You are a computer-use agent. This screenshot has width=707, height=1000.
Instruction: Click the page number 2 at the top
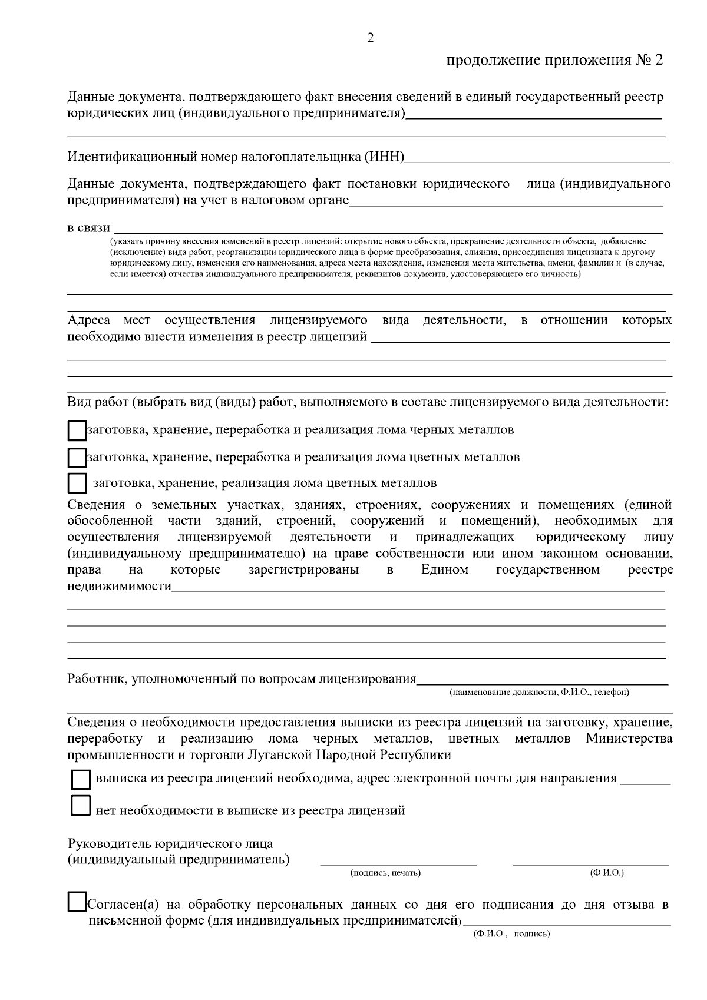click(370, 38)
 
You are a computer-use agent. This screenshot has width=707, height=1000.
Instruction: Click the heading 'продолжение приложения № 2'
click(554, 60)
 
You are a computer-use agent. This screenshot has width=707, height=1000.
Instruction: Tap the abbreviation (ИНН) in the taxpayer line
click(385, 157)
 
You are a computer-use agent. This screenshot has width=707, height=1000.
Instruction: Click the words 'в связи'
click(88, 228)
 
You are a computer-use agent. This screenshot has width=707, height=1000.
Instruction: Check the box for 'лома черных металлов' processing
click(77, 431)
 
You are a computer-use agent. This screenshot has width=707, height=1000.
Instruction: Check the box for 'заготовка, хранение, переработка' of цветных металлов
click(77, 458)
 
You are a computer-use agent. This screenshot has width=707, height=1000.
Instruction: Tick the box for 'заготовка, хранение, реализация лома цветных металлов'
click(77, 484)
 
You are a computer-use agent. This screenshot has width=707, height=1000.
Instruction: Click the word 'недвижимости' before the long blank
click(120, 586)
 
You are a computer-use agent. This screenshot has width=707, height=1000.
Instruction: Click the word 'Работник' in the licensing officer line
click(96, 678)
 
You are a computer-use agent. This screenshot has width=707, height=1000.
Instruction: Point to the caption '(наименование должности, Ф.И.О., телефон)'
click(539, 692)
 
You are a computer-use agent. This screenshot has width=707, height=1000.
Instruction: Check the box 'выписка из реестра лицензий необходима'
click(81, 780)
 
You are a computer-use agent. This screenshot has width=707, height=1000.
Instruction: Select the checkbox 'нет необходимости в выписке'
click(80, 806)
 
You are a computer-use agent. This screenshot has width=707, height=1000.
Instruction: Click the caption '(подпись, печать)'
click(385, 873)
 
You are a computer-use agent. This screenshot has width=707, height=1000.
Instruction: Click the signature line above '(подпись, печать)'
click(398, 863)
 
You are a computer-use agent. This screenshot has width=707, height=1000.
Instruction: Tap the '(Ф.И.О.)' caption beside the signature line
click(606, 872)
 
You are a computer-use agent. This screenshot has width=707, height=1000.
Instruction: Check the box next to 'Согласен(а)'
click(77, 903)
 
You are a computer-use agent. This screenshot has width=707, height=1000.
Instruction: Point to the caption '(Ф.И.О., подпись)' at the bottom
click(511, 934)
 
